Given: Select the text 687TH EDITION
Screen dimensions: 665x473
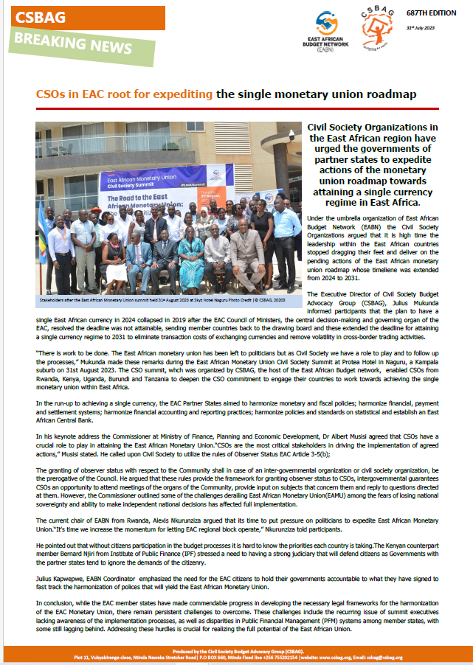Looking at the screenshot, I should coord(437,13).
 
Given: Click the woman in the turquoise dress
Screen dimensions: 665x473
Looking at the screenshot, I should coord(191,254).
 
